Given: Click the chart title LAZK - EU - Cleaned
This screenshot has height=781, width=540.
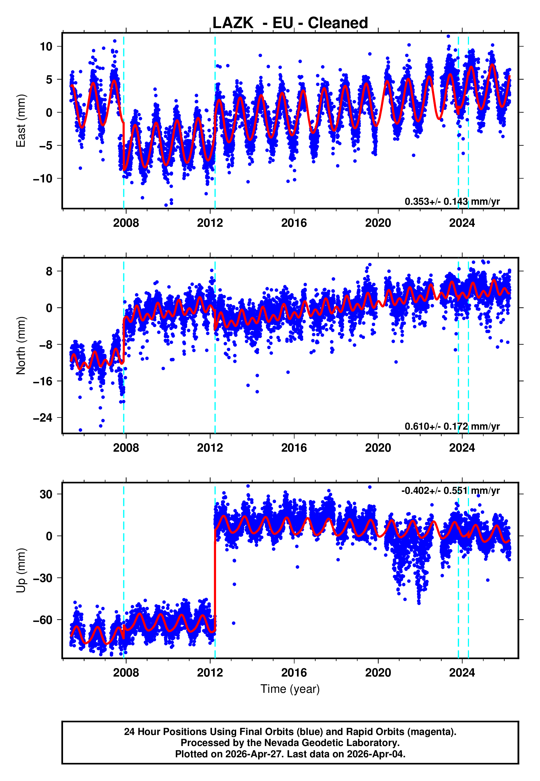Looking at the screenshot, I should tap(290, 23).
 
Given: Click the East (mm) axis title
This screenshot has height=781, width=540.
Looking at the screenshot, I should tap(21, 121).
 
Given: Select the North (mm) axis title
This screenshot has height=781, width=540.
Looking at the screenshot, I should tap(21, 346).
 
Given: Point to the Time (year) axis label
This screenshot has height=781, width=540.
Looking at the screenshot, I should tap(290, 689).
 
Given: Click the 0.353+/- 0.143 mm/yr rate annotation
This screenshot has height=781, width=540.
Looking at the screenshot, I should tap(452, 201).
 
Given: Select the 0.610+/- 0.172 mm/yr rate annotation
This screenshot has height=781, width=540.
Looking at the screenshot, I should tap(452, 426).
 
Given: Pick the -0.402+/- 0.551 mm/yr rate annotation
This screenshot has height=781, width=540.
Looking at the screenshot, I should tap(450, 491).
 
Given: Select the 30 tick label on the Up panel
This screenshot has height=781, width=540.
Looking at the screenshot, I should tap(46, 494).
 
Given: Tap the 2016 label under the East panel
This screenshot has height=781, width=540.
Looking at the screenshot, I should tap(294, 223).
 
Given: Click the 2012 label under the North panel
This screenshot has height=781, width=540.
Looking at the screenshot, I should tap(210, 448).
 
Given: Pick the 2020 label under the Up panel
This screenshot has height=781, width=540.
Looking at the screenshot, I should tap(378, 672).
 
